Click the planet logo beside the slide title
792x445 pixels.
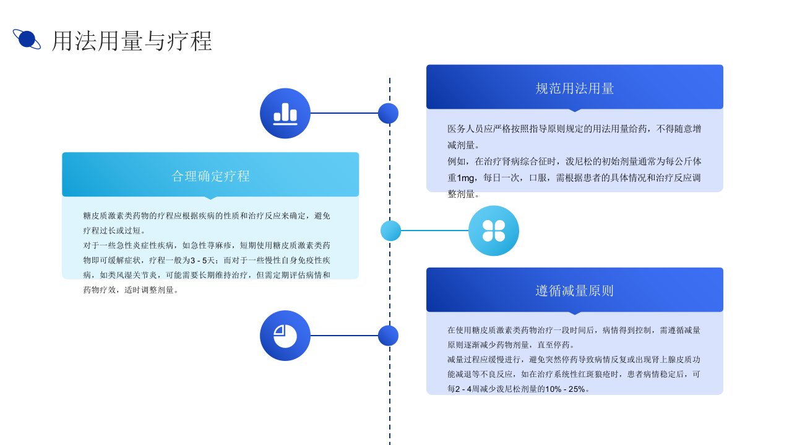pyautogui.click(x=27, y=39)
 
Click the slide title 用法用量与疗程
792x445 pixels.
pyautogui.click(x=132, y=41)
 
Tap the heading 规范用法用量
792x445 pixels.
pyautogui.click(x=575, y=88)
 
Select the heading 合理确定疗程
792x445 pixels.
pyautogui.click(x=211, y=176)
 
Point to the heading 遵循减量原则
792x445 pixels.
pyautogui.click(x=575, y=290)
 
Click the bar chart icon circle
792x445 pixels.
pyautogui.click(x=285, y=113)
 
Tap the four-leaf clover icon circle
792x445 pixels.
pyautogui.click(x=494, y=231)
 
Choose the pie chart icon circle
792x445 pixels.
pyautogui.click(x=285, y=336)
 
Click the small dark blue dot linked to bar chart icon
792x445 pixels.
pyautogui.click(x=388, y=113)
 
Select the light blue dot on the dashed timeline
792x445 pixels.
pyautogui.click(x=390, y=231)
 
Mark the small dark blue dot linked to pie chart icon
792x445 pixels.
pyautogui.click(x=388, y=336)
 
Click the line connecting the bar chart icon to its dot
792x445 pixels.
pyautogui.click(x=344, y=113)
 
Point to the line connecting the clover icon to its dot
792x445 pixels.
pyautogui.click(x=435, y=231)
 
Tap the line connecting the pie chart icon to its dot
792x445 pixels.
pyautogui.click(x=344, y=336)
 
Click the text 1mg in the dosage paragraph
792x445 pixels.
pyautogui.click(x=466, y=178)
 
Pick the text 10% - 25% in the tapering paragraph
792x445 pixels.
pyautogui.click(x=566, y=389)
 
